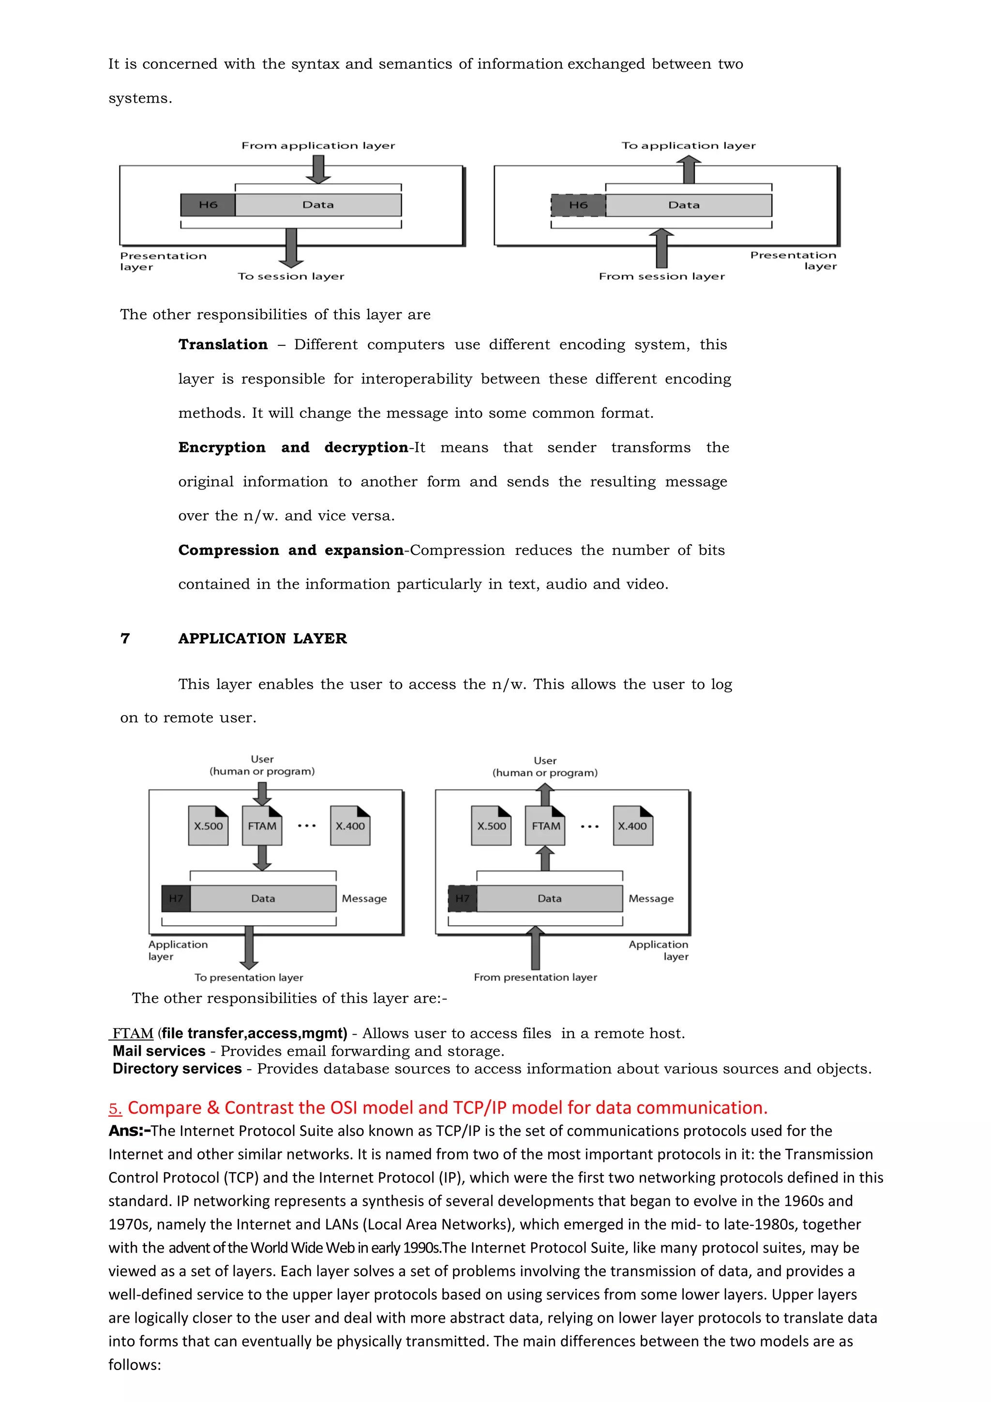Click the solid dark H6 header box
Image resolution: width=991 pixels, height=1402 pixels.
point(208,205)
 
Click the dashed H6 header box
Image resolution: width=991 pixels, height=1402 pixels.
point(578,205)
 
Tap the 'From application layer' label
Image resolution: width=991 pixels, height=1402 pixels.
point(318,145)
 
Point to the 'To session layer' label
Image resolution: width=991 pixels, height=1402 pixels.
point(291,277)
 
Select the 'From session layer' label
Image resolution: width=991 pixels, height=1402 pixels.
point(662,277)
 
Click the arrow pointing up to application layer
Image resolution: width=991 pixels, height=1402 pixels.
point(690,169)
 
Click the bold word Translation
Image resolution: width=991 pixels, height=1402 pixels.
point(223,345)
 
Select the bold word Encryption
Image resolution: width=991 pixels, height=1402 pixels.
point(222,447)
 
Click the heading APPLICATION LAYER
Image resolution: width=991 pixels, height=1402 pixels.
point(263,639)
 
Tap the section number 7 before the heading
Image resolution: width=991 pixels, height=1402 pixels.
point(125,639)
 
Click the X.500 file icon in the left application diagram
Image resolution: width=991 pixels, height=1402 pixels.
point(208,825)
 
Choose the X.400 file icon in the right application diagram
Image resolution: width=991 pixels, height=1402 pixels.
point(632,825)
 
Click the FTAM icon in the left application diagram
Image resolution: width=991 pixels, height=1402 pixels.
point(262,825)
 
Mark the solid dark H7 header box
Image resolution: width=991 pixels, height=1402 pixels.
point(176,898)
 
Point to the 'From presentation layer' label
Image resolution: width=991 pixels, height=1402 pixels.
point(536,978)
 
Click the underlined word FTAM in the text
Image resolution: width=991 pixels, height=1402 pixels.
point(133,1034)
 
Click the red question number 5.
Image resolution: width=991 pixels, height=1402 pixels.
point(115,1108)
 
